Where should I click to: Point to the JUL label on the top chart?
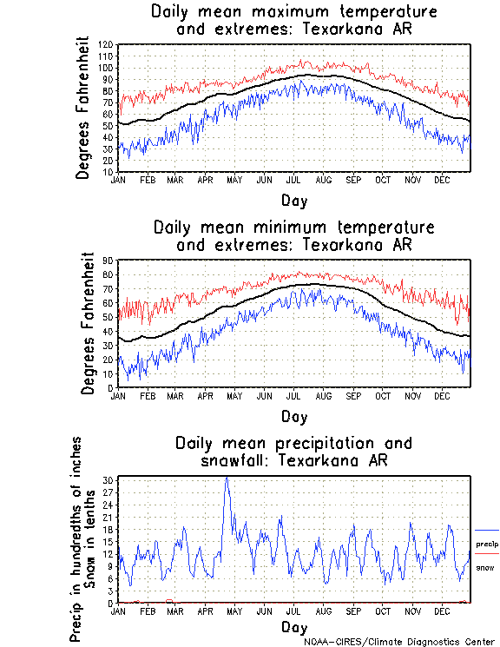[293, 180]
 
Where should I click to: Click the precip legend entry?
[487, 543]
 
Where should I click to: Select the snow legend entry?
[485, 567]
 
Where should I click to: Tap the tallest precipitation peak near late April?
[227, 478]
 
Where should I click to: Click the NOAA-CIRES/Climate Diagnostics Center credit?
[401, 642]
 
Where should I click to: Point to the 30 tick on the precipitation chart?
[109, 480]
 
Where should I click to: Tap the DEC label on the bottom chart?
[441, 611]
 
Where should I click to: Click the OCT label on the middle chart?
[382, 395]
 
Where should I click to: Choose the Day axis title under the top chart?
[293, 201]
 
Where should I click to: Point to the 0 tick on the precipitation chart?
[112, 603]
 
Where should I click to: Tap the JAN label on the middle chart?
[119, 395]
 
